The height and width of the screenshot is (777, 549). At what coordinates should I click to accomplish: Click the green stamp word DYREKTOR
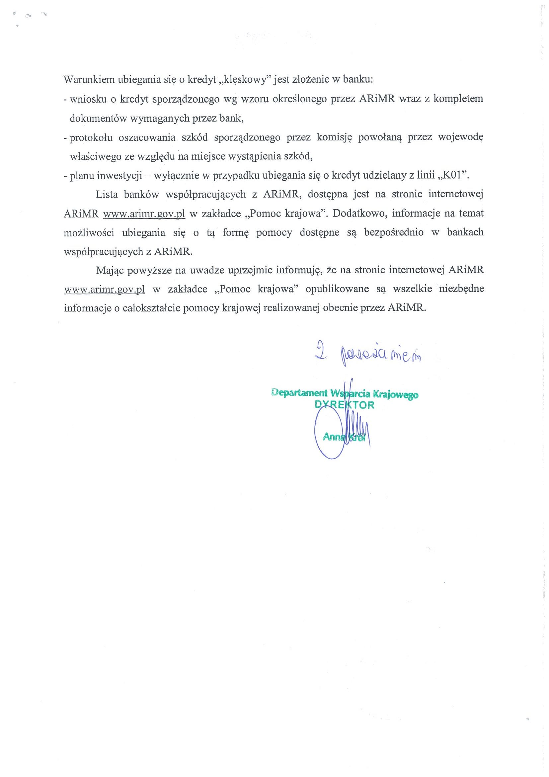pos(344,405)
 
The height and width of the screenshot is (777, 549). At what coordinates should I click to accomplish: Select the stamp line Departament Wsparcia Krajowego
pos(345,394)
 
